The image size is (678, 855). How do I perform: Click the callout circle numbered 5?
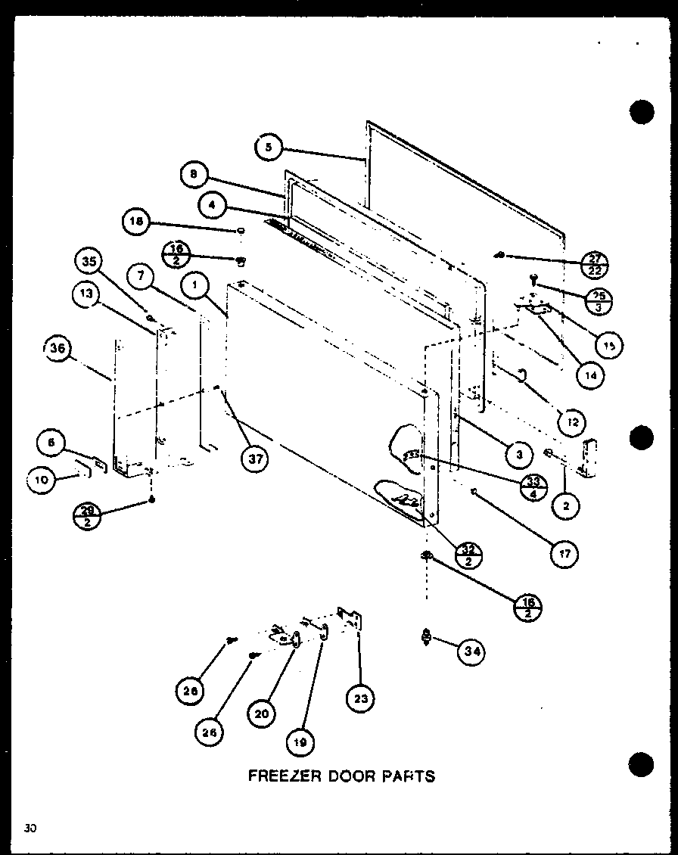pos(267,147)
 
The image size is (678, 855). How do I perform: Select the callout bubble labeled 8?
pos(194,176)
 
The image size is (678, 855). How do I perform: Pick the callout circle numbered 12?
pos(572,421)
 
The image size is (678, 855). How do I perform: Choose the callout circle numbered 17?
pos(564,554)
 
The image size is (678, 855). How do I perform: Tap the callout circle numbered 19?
pos(301,742)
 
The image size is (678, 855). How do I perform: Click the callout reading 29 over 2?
pos(86,518)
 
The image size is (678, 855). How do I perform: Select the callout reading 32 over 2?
pos(470,556)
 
